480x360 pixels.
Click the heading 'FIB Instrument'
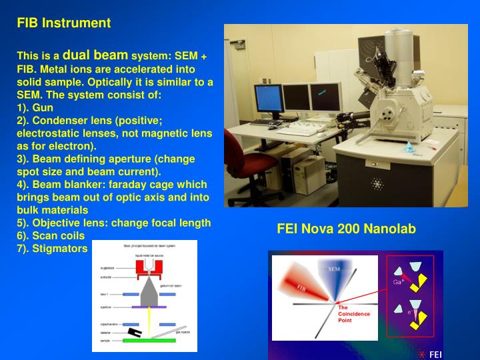pos(64,23)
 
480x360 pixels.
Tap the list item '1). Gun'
pos(35,107)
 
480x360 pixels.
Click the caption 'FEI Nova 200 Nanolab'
pos(346,229)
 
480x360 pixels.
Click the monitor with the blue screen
pos(269,99)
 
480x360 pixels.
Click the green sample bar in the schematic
pos(148,341)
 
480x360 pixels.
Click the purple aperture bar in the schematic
pos(148,307)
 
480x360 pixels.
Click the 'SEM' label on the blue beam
pos(334,269)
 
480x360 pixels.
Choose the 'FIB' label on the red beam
pos(301,289)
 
